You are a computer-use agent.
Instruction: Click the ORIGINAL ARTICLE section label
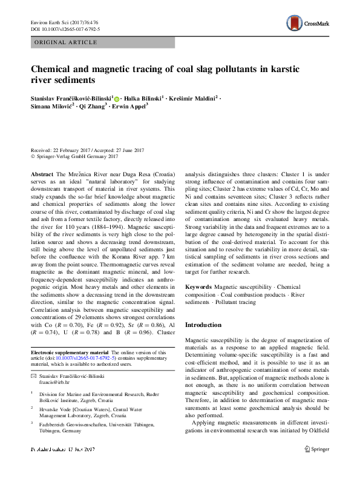click(67, 42)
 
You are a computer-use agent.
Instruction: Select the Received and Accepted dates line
click(86, 150)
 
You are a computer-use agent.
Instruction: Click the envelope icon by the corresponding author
click(33, 377)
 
